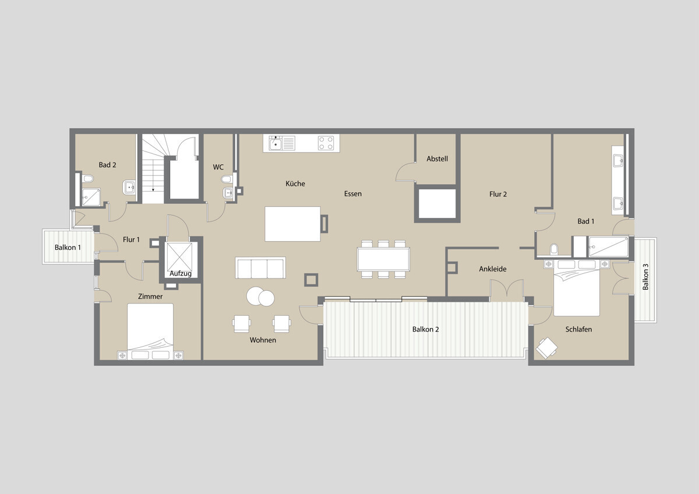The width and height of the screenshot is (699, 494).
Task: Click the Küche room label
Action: click(x=295, y=184)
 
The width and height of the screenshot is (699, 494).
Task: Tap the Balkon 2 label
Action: click(x=425, y=329)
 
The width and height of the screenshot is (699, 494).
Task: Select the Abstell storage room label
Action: click(x=437, y=158)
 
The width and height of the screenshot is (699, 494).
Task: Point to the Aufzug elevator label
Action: click(x=181, y=273)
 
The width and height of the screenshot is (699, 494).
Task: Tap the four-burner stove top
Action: click(x=326, y=143)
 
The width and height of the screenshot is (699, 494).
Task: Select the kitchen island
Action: click(x=292, y=224)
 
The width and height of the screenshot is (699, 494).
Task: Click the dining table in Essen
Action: click(x=383, y=259)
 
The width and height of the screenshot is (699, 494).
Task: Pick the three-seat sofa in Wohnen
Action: click(x=260, y=268)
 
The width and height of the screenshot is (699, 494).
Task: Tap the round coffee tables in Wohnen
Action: click(x=260, y=297)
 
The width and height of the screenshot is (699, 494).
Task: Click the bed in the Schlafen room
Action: click(x=576, y=288)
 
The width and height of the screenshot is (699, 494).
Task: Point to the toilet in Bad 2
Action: click(x=87, y=178)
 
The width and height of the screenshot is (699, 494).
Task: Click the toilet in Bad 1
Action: click(x=555, y=249)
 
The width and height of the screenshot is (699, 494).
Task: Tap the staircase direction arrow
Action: click(x=153, y=188)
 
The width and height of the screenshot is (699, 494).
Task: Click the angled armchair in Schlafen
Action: click(x=547, y=348)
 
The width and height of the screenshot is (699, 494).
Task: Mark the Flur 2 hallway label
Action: click(x=497, y=194)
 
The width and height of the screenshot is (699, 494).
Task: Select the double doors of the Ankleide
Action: click(x=506, y=290)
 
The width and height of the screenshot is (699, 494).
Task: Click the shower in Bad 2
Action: click(x=90, y=197)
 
